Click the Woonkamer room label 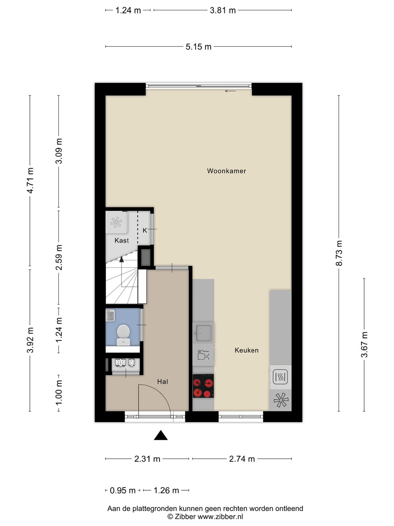pos(226,171)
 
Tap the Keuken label pos(246,350)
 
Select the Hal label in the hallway pos(162,381)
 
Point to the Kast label pos(121,240)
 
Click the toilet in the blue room pos(123,335)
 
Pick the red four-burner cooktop pos(203,386)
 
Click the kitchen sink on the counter pos(203,333)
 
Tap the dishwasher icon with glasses pos(203,355)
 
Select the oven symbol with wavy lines pos(281,377)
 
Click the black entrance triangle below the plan pos(161,435)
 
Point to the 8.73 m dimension pos(339,253)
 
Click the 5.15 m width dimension pos(198,47)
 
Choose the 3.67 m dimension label pos(364,344)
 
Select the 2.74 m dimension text pos(242,459)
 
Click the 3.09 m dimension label pos(59,151)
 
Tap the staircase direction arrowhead pos(121,259)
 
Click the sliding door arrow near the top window pos(230,91)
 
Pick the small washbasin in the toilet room pos(110,315)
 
